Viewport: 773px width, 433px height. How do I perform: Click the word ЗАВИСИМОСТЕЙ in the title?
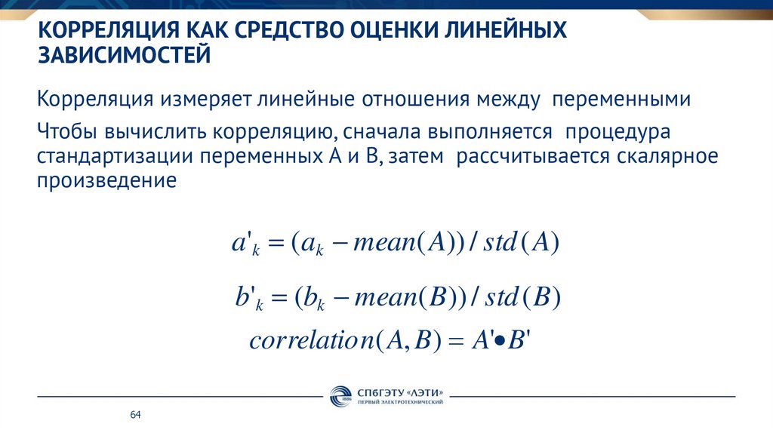(x=125, y=55)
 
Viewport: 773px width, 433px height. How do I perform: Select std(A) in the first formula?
(x=521, y=244)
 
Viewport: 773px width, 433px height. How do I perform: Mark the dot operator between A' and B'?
(x=498, y=341)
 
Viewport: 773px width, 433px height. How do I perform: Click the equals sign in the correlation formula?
(x=453, y=341)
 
